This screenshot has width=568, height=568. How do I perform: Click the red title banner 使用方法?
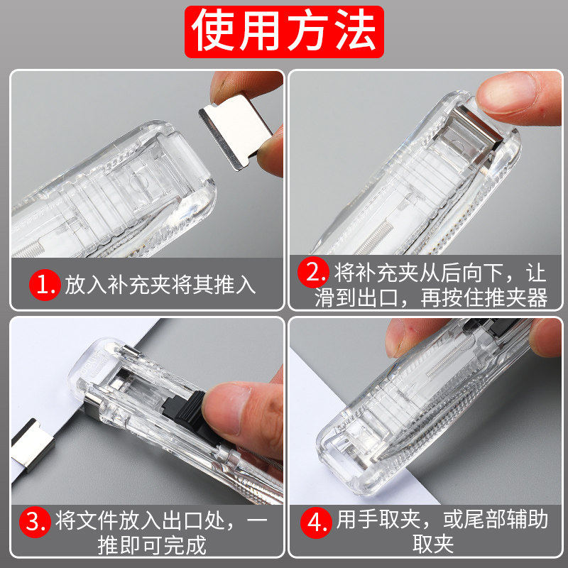tap(284, 32)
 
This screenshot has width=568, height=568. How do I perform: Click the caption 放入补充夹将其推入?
tap(159, 286)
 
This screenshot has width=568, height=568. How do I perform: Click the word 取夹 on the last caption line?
tap(432, 545)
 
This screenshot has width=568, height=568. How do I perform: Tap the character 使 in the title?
tap(217, 32)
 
